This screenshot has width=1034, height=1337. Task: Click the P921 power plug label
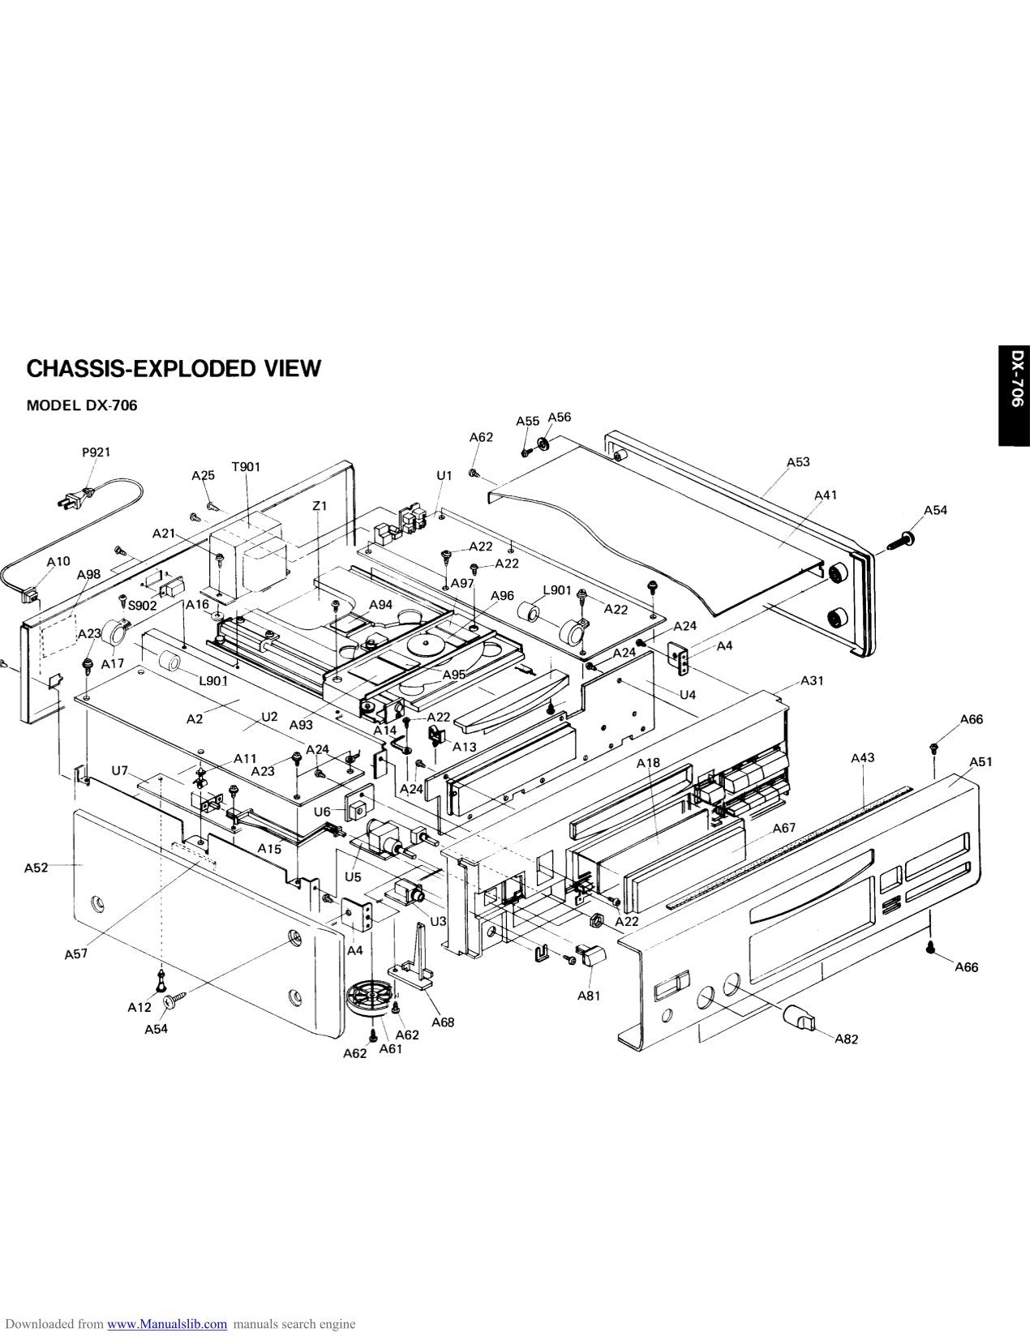pyautogui.click(x=96, y=452)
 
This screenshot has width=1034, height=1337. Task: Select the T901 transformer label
pyautogui.click(x=246, y=466)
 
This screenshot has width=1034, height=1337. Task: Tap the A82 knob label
pyautogui.click(x=846, y=1039)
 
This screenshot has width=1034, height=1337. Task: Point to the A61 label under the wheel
pyautogui.click(x=391, y=1048)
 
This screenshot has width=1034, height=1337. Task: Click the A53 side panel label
pyautogui.click(x=798, y=462)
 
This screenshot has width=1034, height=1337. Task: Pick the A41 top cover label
pyautogui.click(x=826, y=495)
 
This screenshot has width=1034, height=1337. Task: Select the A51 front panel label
pyautogui.click(x=980, y=761)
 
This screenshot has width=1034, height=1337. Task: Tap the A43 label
pyautogui.click(x=863, y=757)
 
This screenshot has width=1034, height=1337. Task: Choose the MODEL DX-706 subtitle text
pyautogui.click(x=82, y=405)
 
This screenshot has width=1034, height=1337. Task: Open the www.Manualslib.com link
pyautogui.click(x=167, y=1324)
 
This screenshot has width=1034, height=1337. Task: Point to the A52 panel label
pyautogui.click(x=36, y=867)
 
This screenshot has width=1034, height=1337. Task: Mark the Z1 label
pyautogui.click(x=320, y=506)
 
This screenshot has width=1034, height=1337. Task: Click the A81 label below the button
pyautogui.click(x=589, y=995)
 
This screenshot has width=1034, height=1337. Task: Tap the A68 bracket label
pyautogui.click(x=443, y=1022)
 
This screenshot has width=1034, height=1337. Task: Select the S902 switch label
pyautogui.click(x=143, y=604)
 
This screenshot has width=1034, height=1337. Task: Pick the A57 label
pyautogui.click(x=76, y=954)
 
